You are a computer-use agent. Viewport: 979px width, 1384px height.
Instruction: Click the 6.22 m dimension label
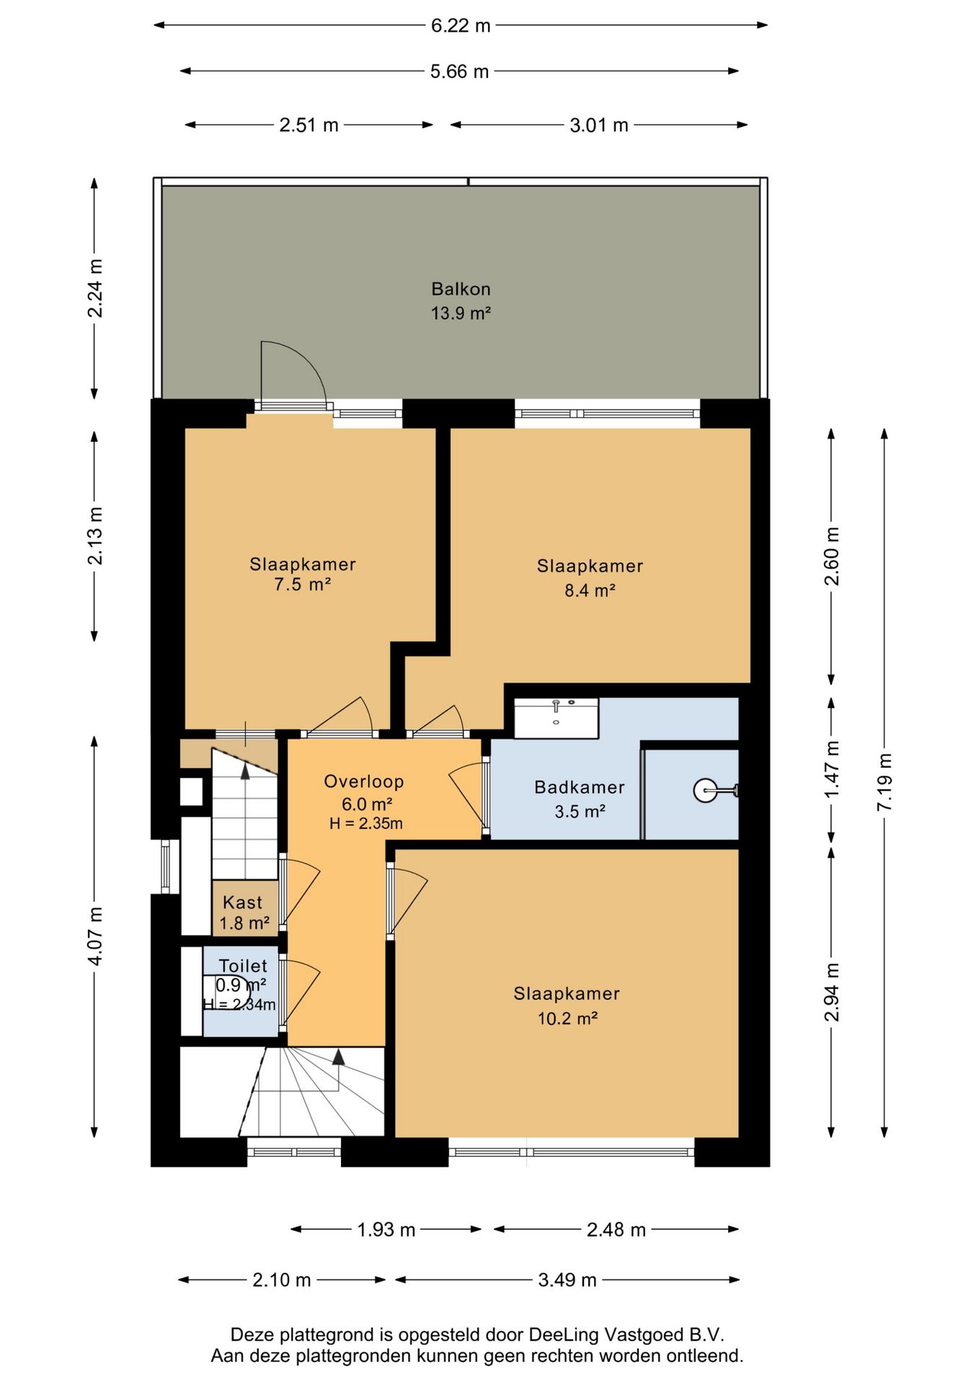point(461,26)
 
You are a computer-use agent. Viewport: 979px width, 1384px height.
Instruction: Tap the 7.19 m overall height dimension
point(885,782)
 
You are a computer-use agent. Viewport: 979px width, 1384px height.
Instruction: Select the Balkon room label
point(461,289)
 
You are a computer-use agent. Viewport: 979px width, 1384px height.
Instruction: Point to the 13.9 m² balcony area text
point(461,314)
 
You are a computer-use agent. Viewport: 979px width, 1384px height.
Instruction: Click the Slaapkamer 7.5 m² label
point(303,575)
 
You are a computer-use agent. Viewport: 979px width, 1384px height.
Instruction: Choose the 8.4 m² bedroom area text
point(590,590)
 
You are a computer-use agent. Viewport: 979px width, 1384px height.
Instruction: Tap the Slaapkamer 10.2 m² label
point(567,1006)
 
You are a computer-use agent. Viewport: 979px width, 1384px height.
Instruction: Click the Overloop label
point(364,781)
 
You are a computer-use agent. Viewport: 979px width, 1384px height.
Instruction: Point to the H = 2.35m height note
point(366,823)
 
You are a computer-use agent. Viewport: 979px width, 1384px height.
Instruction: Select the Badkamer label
point(580,787)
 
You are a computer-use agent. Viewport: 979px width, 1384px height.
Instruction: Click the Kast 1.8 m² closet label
point(244,913)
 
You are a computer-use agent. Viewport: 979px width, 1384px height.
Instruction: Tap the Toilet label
point(243,966)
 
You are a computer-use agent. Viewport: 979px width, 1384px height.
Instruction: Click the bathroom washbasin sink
point(556,718)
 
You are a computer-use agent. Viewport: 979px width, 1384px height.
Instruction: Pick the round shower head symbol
point(705,791)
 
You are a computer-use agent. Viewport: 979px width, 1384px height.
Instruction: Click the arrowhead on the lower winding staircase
point(338,1057)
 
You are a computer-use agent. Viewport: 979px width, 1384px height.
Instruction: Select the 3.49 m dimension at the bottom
point(567,1280)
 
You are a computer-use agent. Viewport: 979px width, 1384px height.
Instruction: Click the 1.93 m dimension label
point(386,1230)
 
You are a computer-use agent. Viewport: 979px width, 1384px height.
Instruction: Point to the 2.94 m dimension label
point(832,992)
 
